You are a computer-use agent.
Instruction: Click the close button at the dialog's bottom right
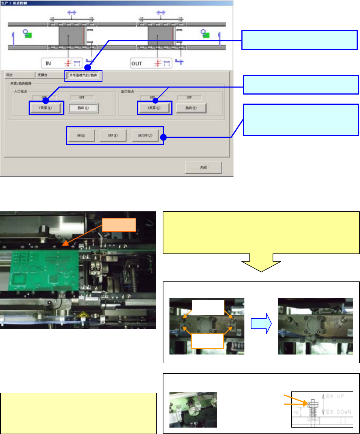click(x=203, y=167)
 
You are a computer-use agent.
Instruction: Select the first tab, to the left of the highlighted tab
click(x=19, y=75)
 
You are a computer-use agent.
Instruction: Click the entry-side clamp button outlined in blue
click(x=46, y=108)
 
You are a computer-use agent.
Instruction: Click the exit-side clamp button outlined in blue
click(x=154, y=108)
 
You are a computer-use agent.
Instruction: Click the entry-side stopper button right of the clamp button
click(x=83, y=108)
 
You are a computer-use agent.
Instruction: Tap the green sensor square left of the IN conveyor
click(x=29, y=35)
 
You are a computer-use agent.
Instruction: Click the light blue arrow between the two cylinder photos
click(x=260, y=325)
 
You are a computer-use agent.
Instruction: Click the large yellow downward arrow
click(x=261, y=263)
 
